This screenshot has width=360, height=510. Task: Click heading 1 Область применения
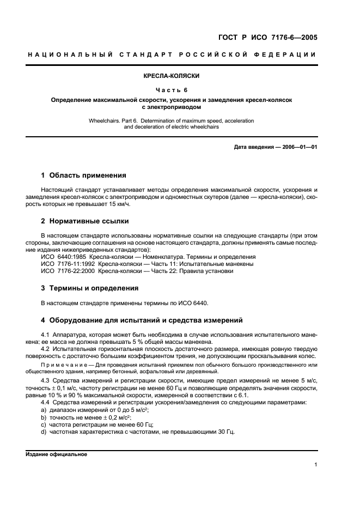coord(84,175)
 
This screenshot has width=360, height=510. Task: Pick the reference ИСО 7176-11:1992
coord(69,263)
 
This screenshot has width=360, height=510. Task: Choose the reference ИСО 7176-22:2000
coord(69,271)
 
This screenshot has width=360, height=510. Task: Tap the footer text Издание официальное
coord(56,454)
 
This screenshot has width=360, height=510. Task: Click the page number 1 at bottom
coord(315,465)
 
